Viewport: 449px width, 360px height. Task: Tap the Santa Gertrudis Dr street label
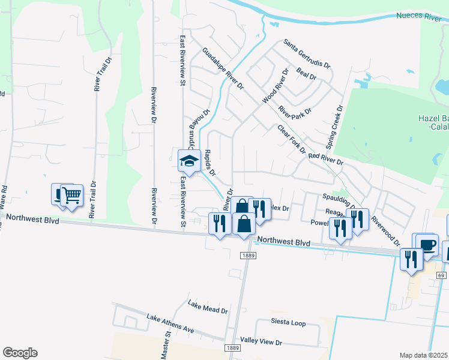coord(307,55)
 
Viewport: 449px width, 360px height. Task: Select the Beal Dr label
coord(306,75)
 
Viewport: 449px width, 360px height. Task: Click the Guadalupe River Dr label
coord(223,69)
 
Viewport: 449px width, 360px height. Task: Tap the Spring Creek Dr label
coord(334,127)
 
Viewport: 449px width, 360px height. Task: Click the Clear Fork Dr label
coord(291,139)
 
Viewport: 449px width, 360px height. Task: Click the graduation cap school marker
coord(188,160)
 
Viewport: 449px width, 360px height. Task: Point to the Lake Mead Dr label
coord(208,307)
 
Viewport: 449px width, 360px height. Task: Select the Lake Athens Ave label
coord(171,323)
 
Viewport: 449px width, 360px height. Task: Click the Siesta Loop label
coord(288,323)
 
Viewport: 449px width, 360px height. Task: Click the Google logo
coord(20,353)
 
